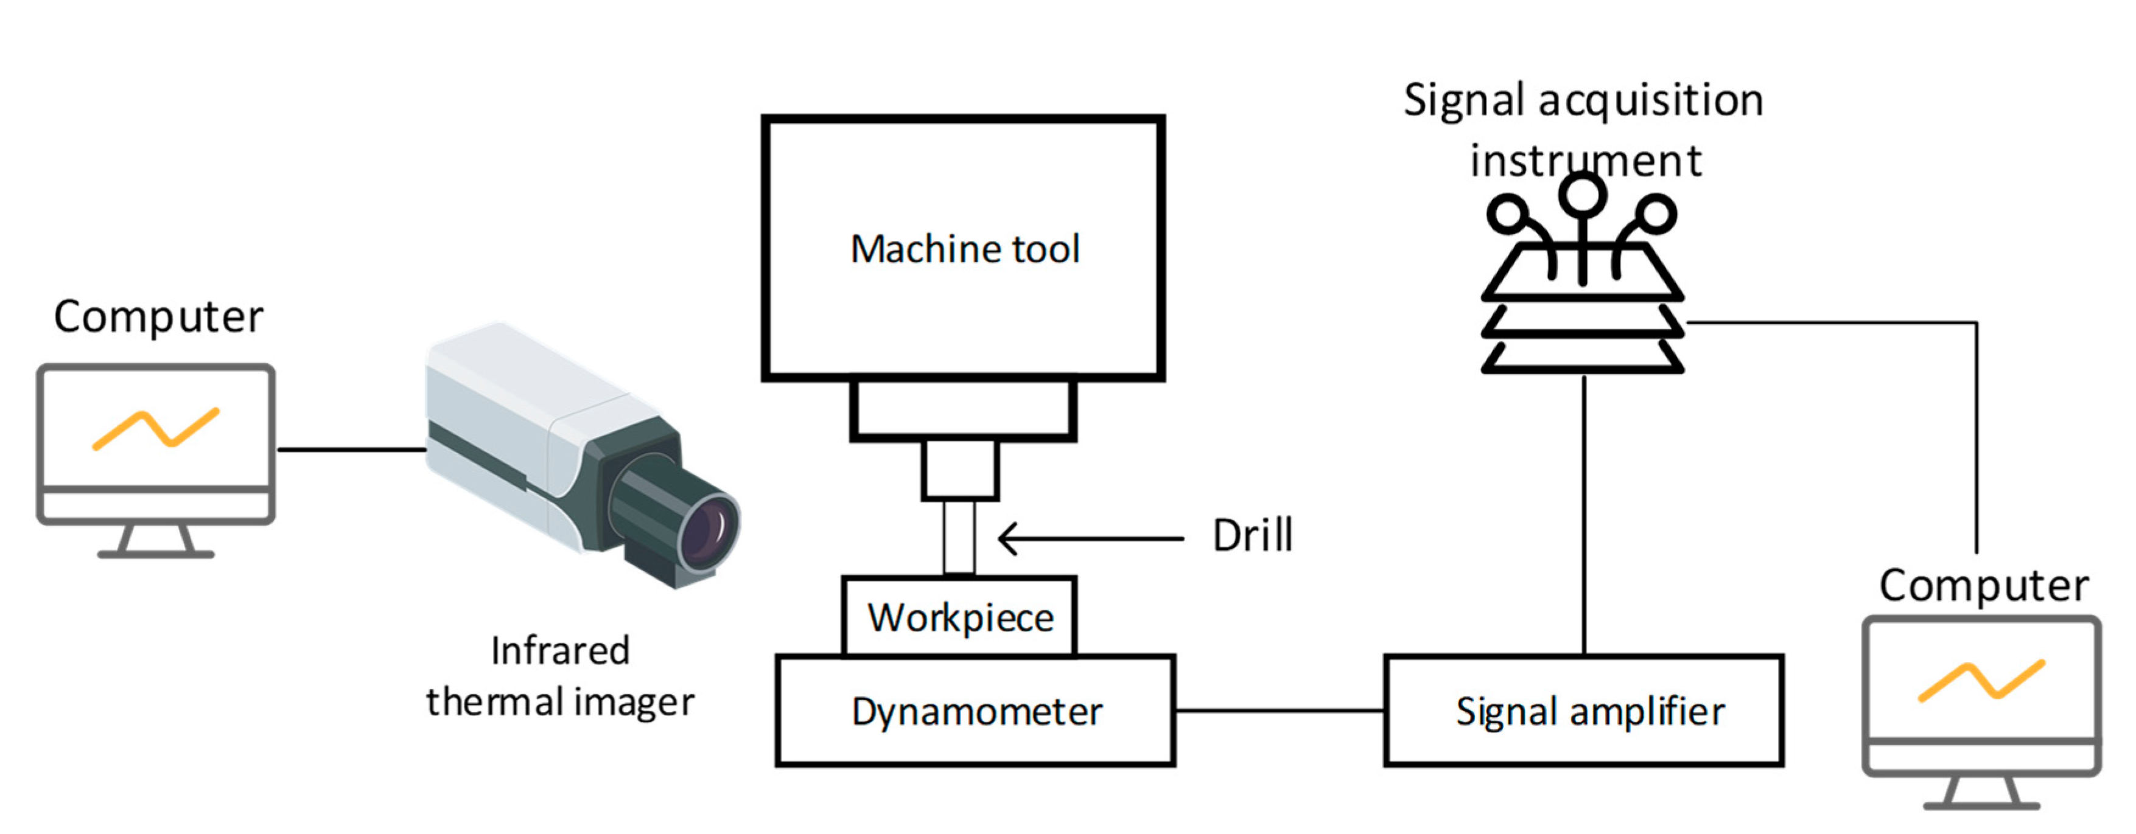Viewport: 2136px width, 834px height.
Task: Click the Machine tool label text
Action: pyautogui.click(x=965, y=249)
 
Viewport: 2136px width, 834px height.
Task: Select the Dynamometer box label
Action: pyautogui.click(x=977, y=711)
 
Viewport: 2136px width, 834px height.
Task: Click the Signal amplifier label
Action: pyautogui.click(x=1591, y=711)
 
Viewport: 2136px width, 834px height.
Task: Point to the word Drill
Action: pyautogui.click(x=1252, y=535)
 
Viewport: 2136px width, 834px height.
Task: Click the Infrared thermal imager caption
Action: pyautogui.click(x=561, y=676)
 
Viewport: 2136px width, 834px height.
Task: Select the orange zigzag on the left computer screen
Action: pyautogui.click(x=156, y=429)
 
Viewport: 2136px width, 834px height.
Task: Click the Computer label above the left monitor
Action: pyautogui.click(x=158, y=317)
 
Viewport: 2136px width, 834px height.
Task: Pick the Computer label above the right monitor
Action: pyautogui.click(x=1983, y=585)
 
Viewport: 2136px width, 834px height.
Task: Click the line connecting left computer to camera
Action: pyautogui.click(x=352, y=450)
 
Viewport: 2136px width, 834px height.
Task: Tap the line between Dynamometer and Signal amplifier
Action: pyautogui.click(x=1280, y=711)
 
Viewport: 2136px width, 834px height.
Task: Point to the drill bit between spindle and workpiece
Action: pyautogui.click(x=959, y=537)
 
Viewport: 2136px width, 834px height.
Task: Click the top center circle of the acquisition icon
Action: pyautogui.click(x=1582, y=194)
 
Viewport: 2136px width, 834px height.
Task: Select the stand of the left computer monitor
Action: pyautogui.click(x=156, y=541)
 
